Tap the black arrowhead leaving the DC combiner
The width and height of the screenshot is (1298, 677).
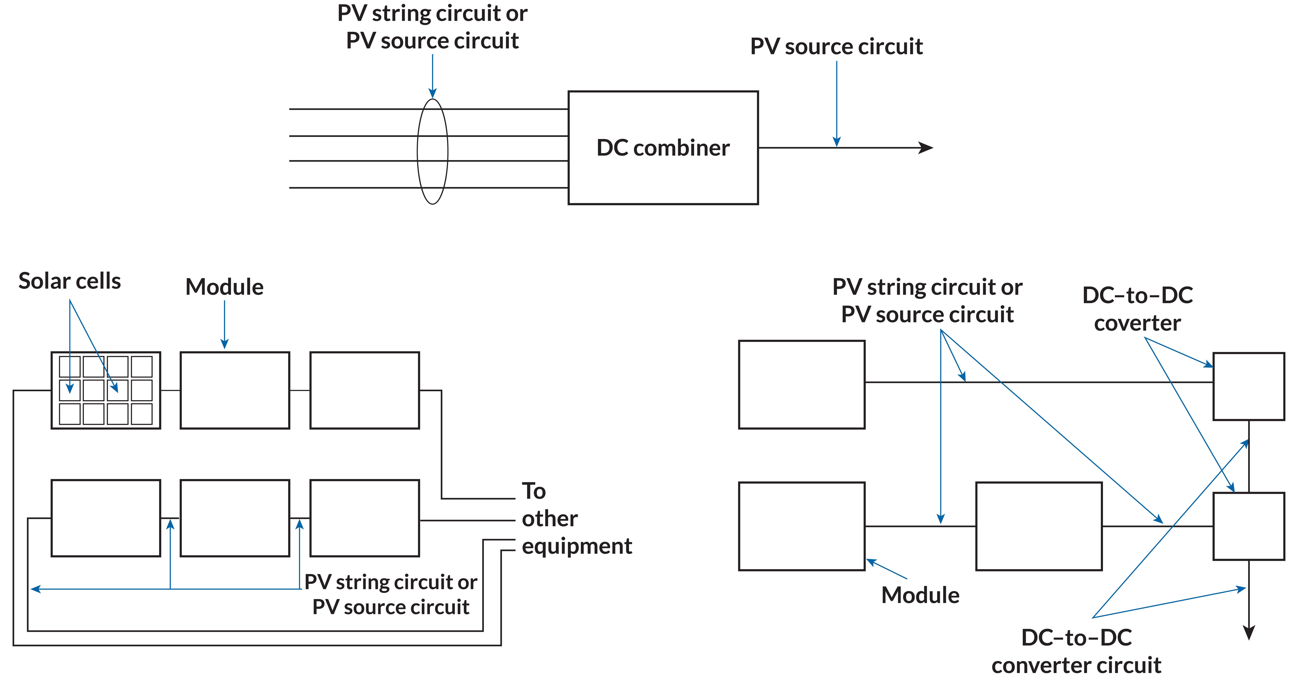coord(926,148)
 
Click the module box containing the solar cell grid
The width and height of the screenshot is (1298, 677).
coord(106,390)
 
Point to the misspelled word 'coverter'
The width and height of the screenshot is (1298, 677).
coord(1137,323)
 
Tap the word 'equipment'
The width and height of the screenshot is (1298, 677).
coord(577,546)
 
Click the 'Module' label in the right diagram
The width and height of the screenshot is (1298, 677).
coord(920,595)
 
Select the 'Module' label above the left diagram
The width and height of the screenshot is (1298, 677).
coord(224,287)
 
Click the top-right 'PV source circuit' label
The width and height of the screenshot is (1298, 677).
coord(836,46)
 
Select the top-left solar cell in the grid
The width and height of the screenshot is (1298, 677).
coord(70,367)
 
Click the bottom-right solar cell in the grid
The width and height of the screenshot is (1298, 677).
coord(142,414)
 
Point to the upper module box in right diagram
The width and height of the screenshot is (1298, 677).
coord(801,384)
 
